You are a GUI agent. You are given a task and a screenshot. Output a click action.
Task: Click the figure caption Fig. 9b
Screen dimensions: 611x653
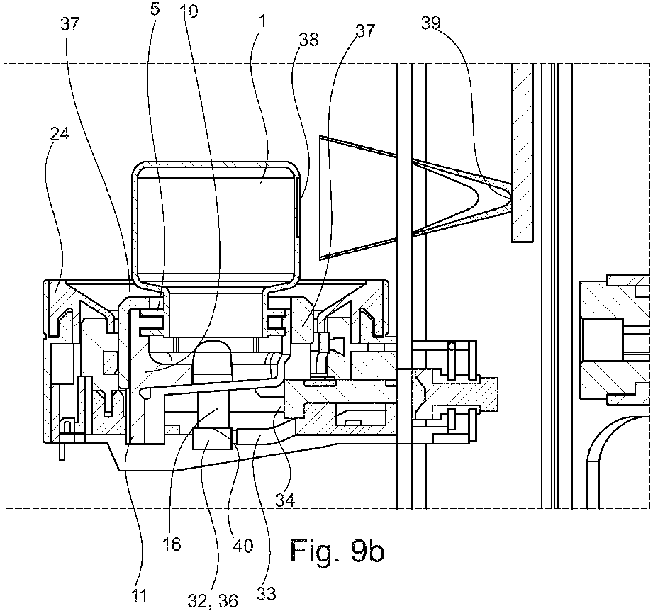(337, 550)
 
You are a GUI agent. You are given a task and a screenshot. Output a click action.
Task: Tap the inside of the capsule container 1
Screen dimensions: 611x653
(217, 220)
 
